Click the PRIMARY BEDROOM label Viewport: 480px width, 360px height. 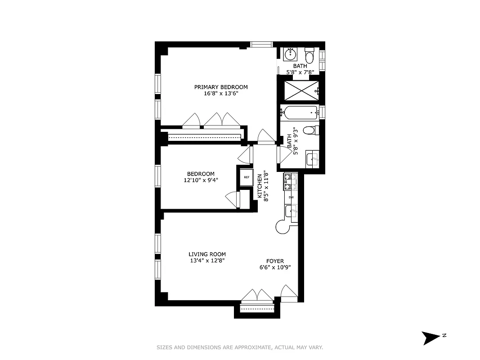point(220,87)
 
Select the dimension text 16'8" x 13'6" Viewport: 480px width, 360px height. point(220,94)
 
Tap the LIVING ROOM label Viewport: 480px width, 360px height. point(207,254)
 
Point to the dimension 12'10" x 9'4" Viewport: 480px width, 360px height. point(201,180)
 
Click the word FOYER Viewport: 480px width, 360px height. point(275,261)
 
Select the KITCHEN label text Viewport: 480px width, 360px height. point(260,187)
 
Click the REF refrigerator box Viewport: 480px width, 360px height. point(246,177)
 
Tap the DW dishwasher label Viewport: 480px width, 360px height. point(291,197)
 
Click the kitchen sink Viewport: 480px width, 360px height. point(292,211)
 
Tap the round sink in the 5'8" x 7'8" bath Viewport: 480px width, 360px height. point(291,55)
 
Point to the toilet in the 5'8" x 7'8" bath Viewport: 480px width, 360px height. point(310,56)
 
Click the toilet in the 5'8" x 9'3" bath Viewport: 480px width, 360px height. point(310,130)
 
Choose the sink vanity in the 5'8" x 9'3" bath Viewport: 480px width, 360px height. point(312,159)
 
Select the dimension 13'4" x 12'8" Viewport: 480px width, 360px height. point(207,261)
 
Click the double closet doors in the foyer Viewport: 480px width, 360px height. point(257,295)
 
